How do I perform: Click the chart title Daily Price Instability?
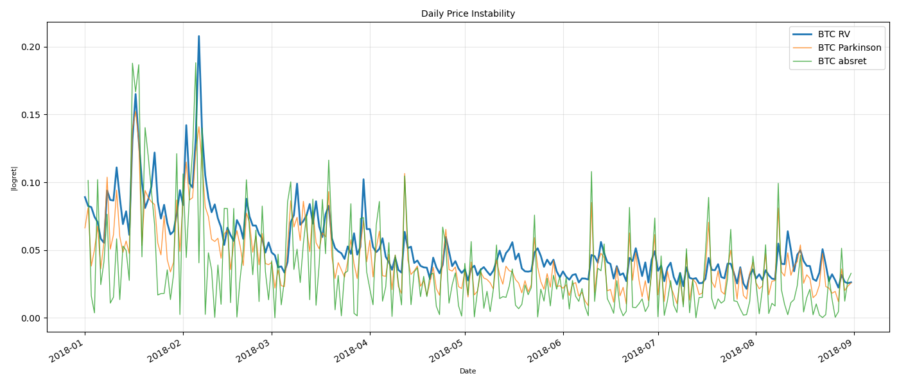point(467,13)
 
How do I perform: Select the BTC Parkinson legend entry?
point(849,47)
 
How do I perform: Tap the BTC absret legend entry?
point(842,62)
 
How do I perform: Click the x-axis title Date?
point(467,371)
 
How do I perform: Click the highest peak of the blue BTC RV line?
point(198,37)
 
